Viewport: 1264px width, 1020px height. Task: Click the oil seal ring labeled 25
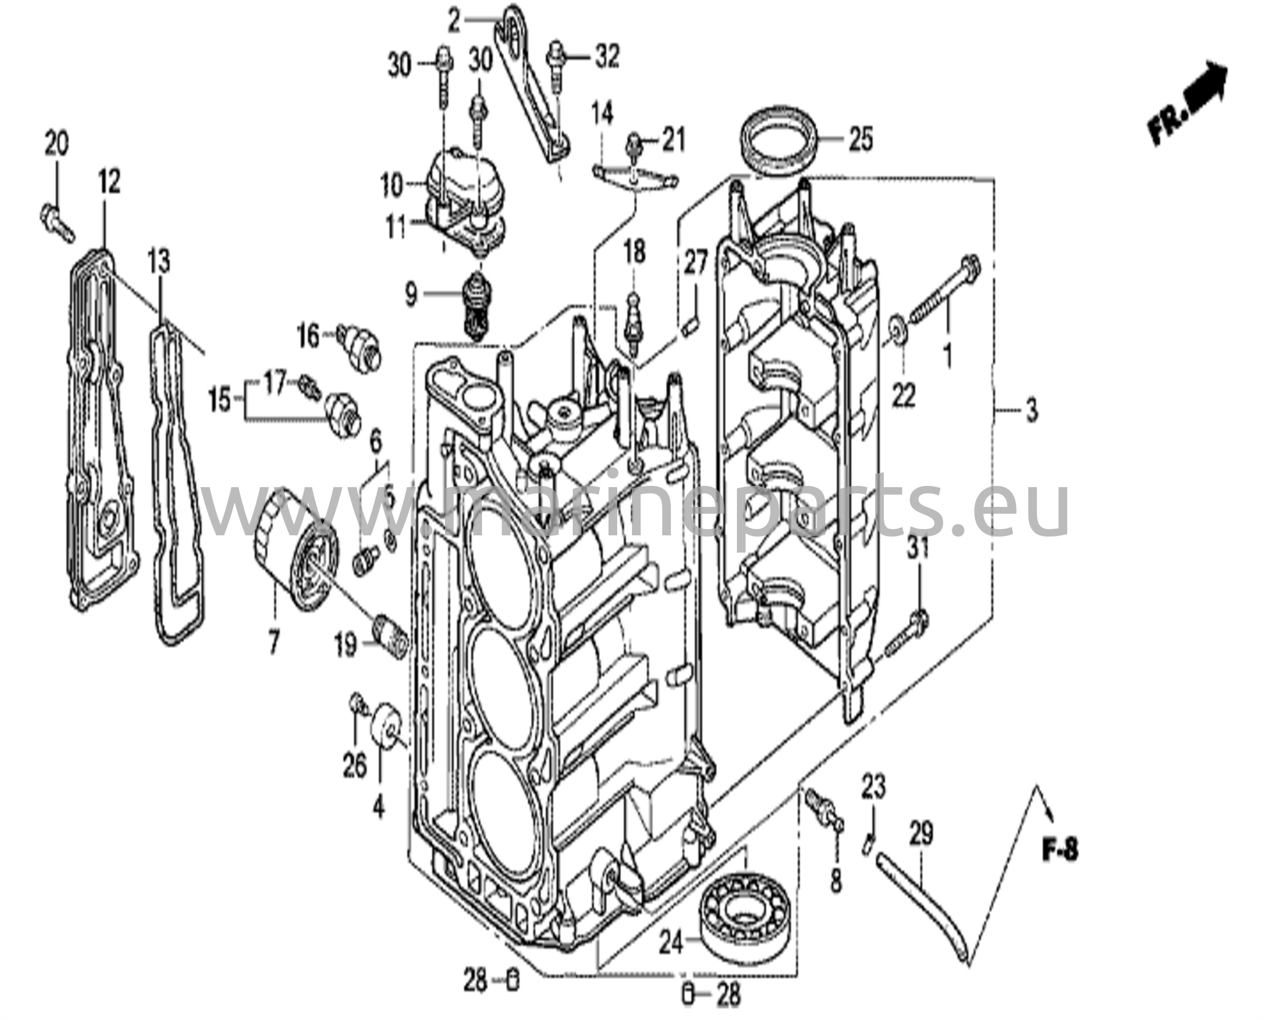(x=779, y=142)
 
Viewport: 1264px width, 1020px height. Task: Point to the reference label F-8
(x=1060, y=851)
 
